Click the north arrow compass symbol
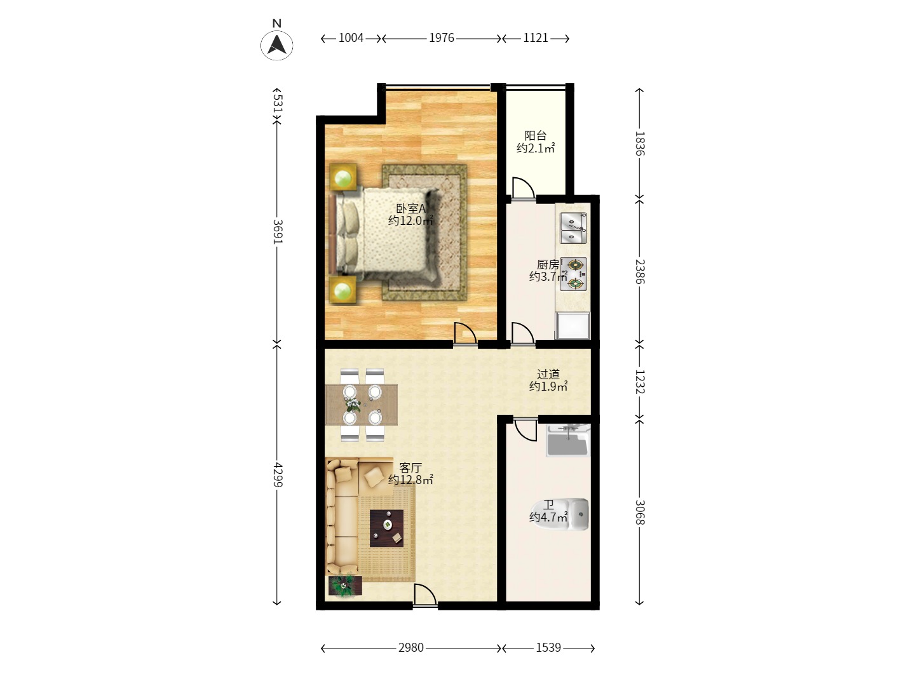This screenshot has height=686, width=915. pos(277,44)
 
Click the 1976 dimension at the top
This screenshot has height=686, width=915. pos(442,38)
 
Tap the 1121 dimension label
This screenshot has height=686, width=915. pos(536,38)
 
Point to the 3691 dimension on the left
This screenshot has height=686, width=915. pos(277,232)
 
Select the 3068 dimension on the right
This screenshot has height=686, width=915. pos(640,512)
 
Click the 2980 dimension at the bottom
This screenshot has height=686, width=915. pos(411,648)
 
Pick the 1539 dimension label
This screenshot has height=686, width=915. pos(548,648)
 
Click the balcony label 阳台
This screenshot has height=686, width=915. pos(536,135)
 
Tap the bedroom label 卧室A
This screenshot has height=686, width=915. pos(410,208)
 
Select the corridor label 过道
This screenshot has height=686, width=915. pos(548,374)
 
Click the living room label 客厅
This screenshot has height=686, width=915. pos(410,467)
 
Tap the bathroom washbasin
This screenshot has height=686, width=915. pos(568,441)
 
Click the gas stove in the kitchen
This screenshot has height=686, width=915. pos(575,274)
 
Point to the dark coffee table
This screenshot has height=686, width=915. pos(387,528)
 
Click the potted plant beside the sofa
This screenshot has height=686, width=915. pos(344,586)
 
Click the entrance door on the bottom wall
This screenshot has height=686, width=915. pos(424,595)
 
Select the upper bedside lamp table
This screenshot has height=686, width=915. pos(344,177)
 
